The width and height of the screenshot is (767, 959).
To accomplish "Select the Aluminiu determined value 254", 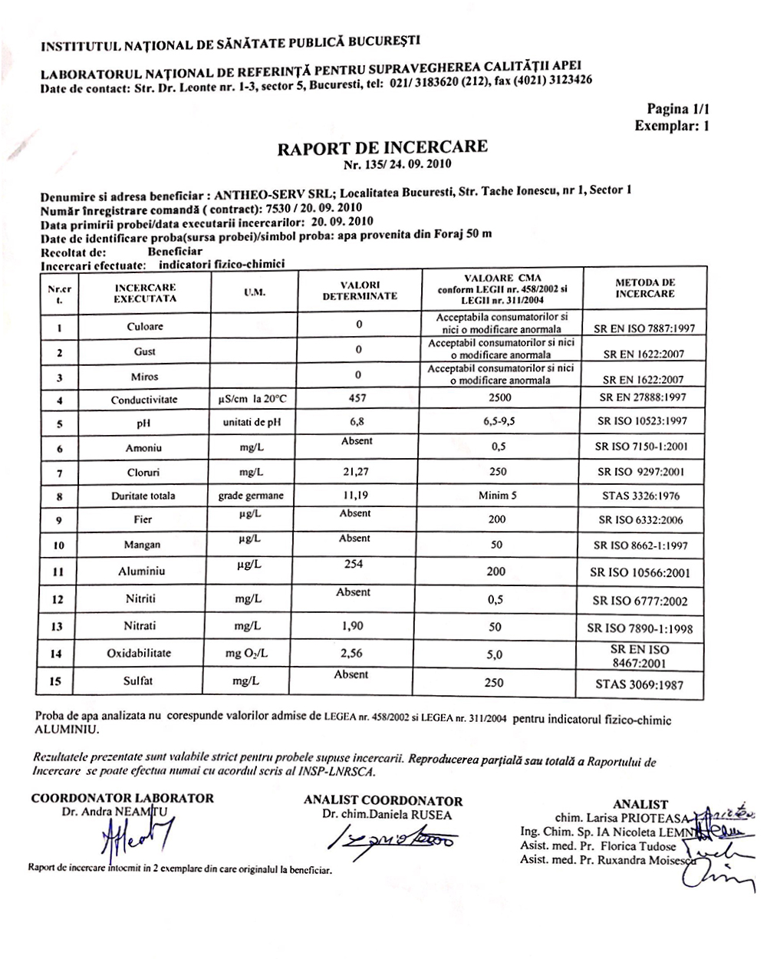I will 354,564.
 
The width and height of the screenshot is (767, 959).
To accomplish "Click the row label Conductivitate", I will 143,399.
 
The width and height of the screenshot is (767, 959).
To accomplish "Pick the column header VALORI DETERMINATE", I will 359,290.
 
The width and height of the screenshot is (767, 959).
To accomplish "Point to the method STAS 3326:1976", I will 640,496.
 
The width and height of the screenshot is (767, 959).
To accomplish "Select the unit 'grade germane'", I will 251,496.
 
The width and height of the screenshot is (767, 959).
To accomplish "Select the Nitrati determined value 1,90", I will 354,625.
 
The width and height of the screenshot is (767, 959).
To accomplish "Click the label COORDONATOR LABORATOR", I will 122,798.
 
